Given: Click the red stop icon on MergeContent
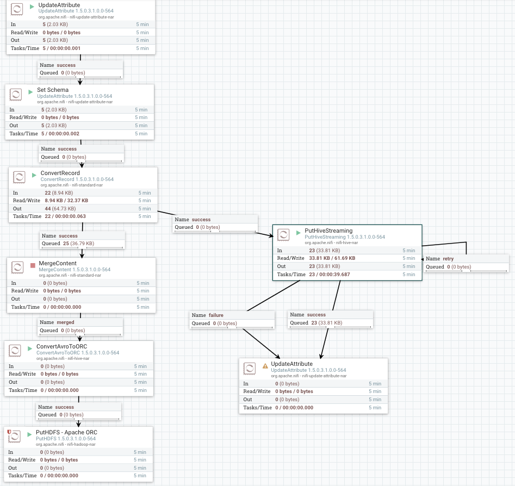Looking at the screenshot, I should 33,265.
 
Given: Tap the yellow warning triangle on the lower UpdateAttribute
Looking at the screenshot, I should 265,366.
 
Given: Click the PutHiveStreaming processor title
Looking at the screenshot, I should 328,230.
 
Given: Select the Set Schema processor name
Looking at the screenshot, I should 53,90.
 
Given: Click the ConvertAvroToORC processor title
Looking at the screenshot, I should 61,346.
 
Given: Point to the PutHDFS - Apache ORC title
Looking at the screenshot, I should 66,432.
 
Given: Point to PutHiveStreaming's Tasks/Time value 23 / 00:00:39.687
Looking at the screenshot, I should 330,275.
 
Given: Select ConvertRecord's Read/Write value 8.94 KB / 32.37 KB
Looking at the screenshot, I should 66,201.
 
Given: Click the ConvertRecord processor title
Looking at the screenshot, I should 60,173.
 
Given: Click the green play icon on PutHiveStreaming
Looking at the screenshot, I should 299,232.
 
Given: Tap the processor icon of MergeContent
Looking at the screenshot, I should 18,267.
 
